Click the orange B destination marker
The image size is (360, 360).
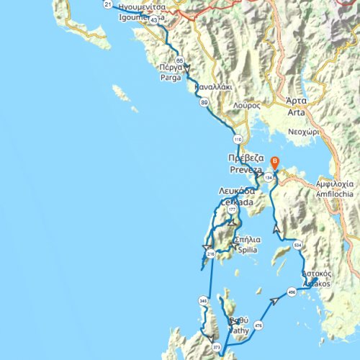pyautogui.click(x=274, y=163)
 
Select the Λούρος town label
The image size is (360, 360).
pyautogui.click(x=246, y=104)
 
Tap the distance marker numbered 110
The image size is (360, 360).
pyautogui.click(x=238, y=139)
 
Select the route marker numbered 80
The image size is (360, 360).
pyautogui.click(x=204, y=103)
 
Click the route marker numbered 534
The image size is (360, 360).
pyautogui.click(x=298, y=246)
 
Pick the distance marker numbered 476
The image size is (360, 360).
pyautogui.click(x=258, y=326)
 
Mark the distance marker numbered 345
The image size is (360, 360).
pyautogui.click(x=203, y=300)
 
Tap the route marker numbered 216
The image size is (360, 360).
pyautogui.click(x=210, y=254)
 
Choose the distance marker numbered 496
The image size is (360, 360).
pyautogui.click(x=291, y=293)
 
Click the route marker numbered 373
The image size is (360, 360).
pyautogui.click(x=217, y=348)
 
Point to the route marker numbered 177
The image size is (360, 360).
pyautogui.click(x=231, y=210)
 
